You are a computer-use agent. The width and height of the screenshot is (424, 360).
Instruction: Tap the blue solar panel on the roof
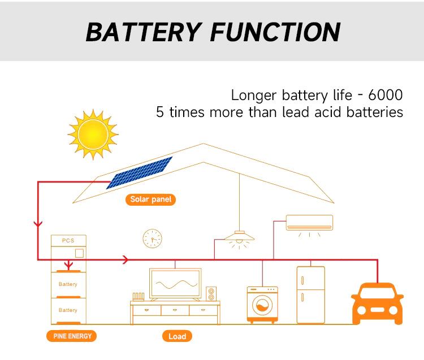tap(140, 172)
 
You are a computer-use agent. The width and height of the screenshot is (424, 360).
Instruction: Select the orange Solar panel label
tap(150, 199)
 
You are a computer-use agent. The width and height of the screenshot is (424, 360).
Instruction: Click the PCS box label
tap(68, 240)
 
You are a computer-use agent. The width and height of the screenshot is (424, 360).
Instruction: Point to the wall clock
tap(152, 238)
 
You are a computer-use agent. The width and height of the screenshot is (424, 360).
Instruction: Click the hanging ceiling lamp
tap(240, 236)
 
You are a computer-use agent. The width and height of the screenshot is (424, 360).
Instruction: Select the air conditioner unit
tap(309, 222)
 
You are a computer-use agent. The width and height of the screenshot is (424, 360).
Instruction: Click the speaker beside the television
tap(211, 294)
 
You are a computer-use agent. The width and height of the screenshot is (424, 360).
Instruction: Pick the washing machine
tap(262, 305)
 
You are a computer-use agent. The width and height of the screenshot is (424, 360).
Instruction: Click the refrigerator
tap(310, 294)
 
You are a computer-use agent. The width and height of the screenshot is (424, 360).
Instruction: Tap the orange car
tap(377, 303)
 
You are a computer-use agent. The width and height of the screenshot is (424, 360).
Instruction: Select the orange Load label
tap(177, 336)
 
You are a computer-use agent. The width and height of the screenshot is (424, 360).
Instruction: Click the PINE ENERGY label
tap(72, 336)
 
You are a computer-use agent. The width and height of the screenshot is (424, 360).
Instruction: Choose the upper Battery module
tap(68, 284)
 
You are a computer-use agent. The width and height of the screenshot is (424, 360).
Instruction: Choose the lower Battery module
tap(68, 310)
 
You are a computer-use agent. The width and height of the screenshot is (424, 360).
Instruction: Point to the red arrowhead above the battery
tap(68, 264)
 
